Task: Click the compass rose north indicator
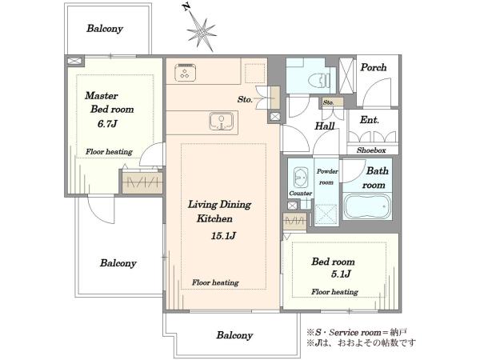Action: coord(201,30)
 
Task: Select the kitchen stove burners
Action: coord(185,73)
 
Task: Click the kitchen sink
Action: coord(222,121)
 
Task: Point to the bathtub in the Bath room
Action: coord(367,206)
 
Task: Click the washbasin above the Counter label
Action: coord(300,177)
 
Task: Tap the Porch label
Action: coord(373,67)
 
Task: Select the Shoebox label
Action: coord(371,150)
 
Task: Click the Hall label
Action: coord(325,126)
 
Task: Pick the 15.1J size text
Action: coord(223,236)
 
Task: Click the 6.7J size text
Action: coord(107,124)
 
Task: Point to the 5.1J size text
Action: coord(341,274)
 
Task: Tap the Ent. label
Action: coord(369,120)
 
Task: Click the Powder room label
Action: coord(327,177)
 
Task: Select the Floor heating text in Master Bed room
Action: coord(109,151)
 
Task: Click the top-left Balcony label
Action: coord(105,29)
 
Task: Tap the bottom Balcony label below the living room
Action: coord(234,335)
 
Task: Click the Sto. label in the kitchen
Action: coord(245,99)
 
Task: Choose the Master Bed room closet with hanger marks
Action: coord(142,182)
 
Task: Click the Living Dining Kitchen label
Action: coord(219,211)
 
